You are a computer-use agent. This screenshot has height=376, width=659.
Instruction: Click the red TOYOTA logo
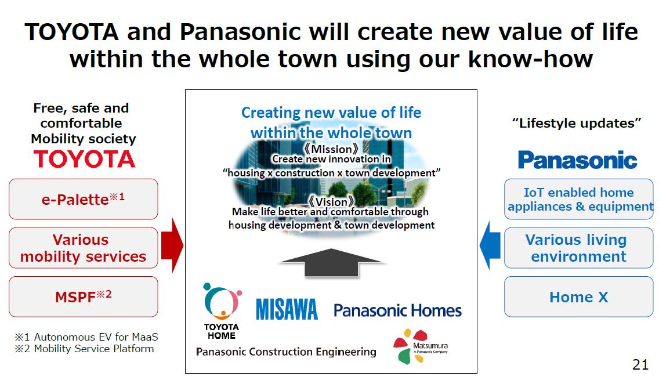point(85,159)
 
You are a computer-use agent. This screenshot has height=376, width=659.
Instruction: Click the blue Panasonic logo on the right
point(577,160)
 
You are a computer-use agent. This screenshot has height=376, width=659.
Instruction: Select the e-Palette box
point(83,199)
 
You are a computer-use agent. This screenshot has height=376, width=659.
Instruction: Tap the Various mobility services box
point(83,248)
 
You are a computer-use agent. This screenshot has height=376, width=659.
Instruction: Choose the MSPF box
point(83,297)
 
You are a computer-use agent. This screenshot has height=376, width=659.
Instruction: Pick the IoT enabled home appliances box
point(579,199)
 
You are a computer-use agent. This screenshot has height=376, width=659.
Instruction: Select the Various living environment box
point(579,248)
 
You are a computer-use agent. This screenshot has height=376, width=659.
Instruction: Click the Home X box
point(579,297)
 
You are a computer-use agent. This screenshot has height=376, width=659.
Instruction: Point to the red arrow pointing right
point(172,245)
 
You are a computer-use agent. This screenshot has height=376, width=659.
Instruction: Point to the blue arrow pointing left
point(490,245)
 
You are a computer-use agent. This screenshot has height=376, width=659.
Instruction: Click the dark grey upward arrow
point(331,263)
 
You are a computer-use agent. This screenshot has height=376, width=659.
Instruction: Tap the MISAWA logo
point(287,309)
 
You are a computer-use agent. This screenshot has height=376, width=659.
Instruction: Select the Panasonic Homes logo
point(397,310)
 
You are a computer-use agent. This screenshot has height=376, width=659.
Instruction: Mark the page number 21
point(640,364)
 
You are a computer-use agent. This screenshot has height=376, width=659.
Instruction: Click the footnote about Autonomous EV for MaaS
point(86,337)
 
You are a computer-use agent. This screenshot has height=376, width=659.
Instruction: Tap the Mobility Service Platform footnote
point(85,349)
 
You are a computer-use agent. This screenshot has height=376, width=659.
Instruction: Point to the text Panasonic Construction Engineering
point(286,352)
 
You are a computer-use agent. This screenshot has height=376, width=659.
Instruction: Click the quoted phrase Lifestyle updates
point(577,123)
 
